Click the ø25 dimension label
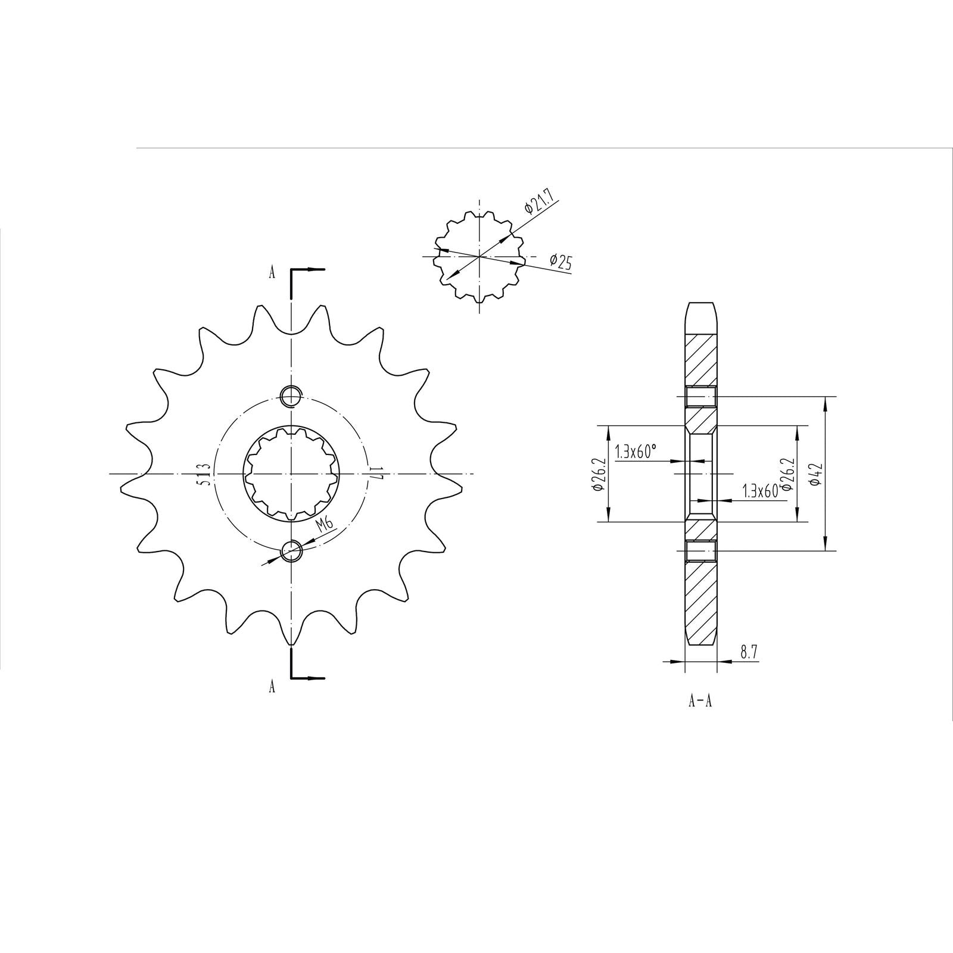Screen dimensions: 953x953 point(561,261)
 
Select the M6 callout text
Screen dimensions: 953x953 point(325,525)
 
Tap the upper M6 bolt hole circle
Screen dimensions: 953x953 point(292,394)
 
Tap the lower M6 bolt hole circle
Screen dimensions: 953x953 point(292,551)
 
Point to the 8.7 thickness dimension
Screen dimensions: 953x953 point(749,652)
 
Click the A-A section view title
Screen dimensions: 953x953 point(700,701)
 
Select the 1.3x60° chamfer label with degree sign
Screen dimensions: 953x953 point(636,452)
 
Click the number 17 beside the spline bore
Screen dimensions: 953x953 point(374,474)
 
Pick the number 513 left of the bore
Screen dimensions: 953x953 point(204,474)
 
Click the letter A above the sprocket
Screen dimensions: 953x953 point(272,273)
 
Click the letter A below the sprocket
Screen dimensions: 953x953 point(272,687)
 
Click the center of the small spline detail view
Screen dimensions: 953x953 point(479,257)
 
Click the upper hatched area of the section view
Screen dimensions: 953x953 point(700,360)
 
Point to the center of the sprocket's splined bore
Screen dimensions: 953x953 point(292,474)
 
